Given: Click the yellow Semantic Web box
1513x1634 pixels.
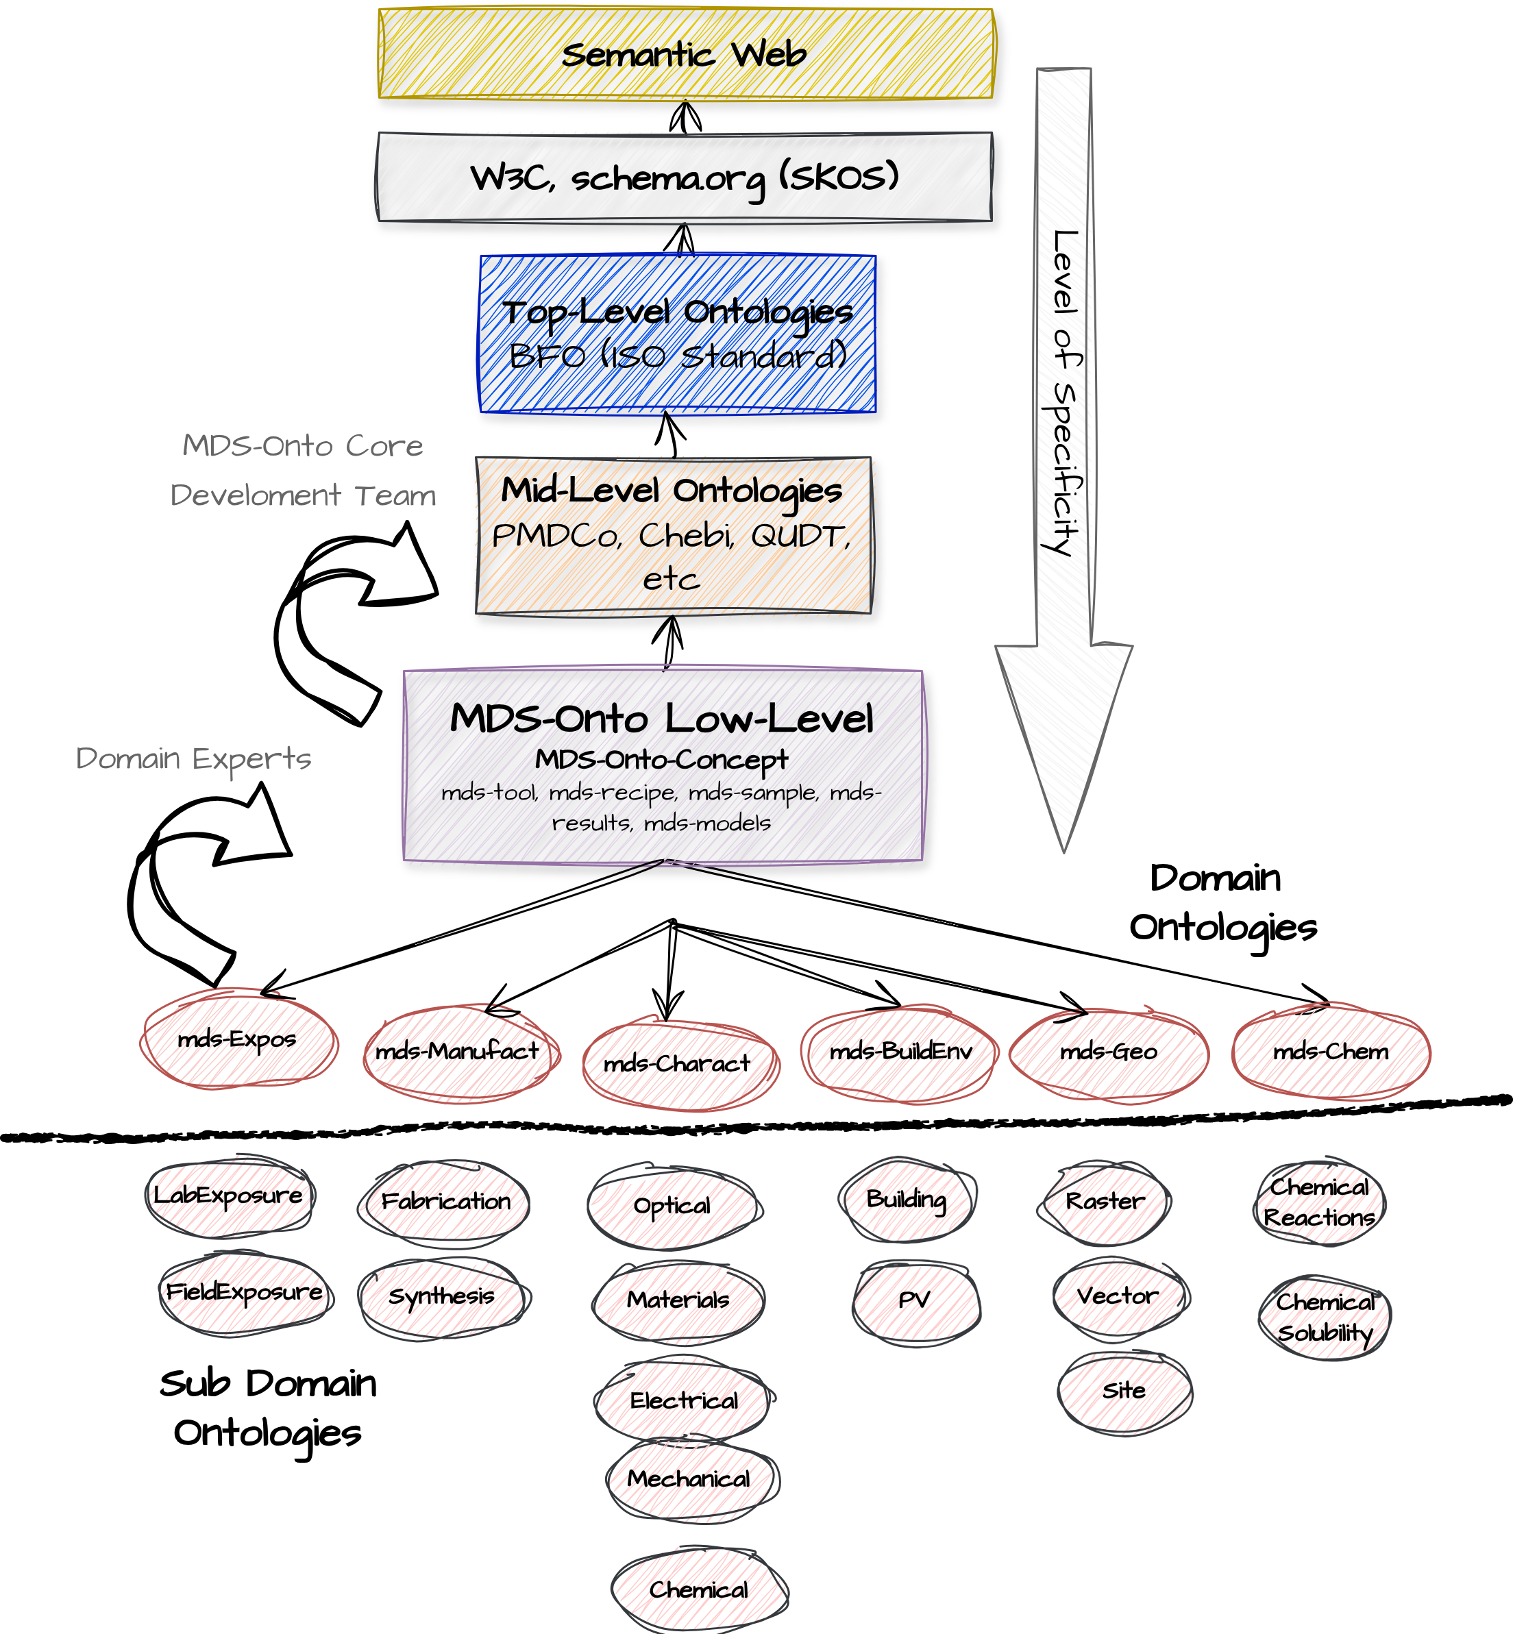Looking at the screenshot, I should tap(685, 54).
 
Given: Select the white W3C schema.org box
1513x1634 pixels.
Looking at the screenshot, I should tap(685, 177).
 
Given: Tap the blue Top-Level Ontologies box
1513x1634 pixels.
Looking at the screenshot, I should tap(677, 334).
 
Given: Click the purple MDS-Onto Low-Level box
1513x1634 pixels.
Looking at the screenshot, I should tap(663, 765).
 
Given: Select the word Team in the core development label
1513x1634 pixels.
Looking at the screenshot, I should tap(395, 495).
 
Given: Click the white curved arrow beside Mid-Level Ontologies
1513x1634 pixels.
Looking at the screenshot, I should tap(344, 622).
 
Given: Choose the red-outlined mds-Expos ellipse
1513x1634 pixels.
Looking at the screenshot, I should tap(239, 1041).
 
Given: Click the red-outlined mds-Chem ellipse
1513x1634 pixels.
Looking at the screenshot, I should tap(1331, 1052).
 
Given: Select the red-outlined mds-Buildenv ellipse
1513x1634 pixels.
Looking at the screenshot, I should tap(898, 1052).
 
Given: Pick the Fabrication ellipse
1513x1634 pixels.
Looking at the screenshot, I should tap(445, 1202).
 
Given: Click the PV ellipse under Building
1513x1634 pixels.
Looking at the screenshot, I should tap(915, 1300).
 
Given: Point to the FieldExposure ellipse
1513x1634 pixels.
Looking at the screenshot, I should tap(245, 1293).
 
